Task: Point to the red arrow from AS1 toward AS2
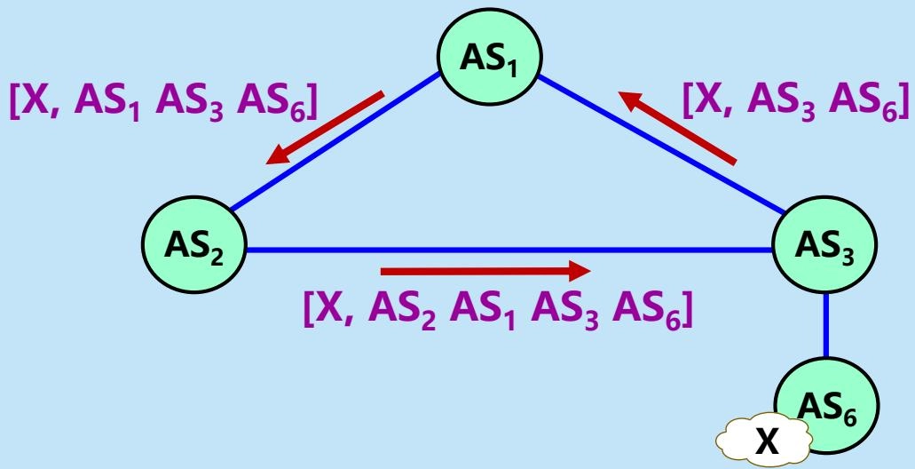(325, 127)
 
